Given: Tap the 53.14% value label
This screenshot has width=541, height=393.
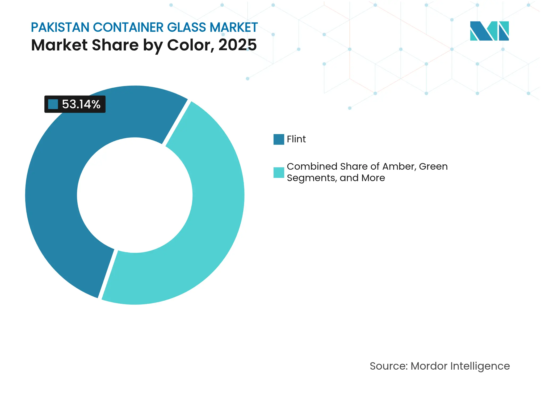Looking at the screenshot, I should coord(81,104).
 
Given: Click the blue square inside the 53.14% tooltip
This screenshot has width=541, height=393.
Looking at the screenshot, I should coord(53,104).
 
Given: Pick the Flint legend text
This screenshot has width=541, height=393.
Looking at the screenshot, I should coord(296,139).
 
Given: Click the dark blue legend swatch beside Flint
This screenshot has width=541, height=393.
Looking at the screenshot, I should coord(279,139).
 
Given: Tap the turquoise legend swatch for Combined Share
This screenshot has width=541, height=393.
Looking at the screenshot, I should coord(279,172).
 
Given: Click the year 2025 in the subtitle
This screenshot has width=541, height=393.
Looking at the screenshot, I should coord(237,45).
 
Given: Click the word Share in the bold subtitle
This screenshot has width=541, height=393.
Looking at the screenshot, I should coord(115,45).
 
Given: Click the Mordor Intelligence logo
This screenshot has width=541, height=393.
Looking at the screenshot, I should coord(489,31).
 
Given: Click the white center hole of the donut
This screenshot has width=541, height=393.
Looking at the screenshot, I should coord(135,195).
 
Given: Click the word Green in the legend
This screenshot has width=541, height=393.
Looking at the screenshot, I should coord(433,166).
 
